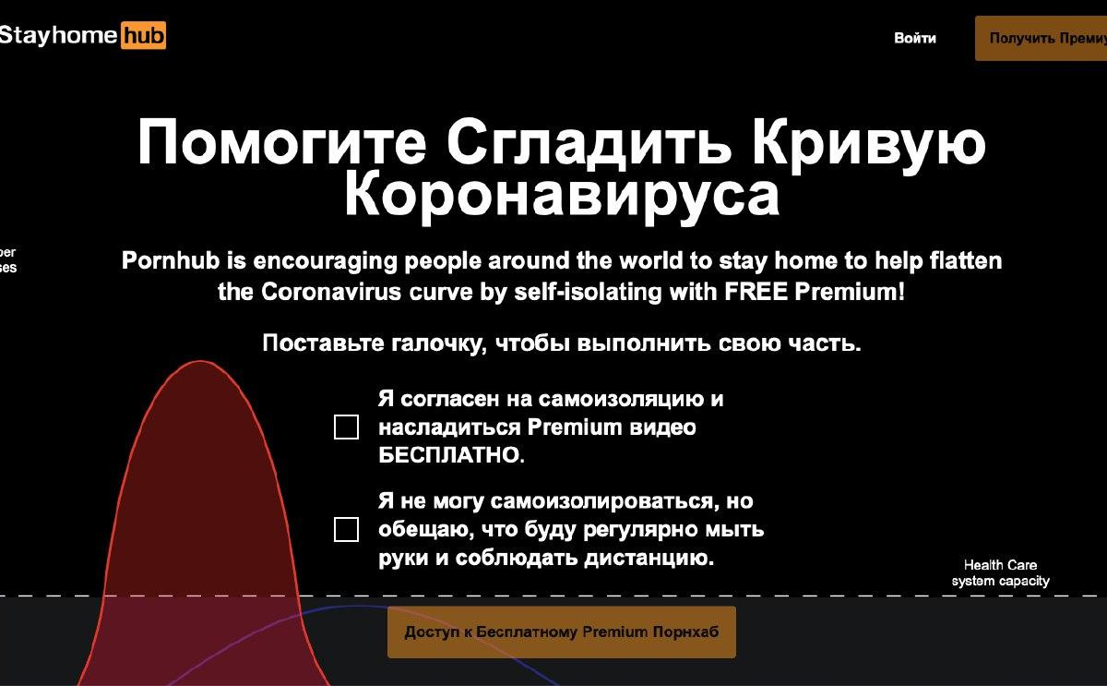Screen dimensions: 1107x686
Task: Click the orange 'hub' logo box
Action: tap(143, 35)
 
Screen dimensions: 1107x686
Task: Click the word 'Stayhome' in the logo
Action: tap(58, 36)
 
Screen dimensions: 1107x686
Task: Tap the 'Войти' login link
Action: tap(915, 38)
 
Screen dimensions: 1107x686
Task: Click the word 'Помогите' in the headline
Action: tap(281, 142)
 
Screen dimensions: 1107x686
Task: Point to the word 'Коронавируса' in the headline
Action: tap(562, 196)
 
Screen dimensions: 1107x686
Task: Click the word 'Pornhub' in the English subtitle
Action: tap(171, 260)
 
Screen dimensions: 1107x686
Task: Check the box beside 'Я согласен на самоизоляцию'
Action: tap(347, 427)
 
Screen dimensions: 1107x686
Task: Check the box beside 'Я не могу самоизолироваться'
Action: tap(347, 529)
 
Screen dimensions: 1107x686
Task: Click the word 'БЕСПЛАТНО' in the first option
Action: tap(451, 455)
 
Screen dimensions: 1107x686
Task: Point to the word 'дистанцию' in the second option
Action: tap(649, 558)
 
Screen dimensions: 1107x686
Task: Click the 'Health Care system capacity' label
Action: tap(1000, 572)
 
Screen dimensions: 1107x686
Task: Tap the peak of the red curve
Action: tap(200, 361)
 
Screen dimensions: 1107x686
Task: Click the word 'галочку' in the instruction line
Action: tap(439, 343)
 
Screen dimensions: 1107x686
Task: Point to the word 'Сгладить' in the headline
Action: tap(589, 143)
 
